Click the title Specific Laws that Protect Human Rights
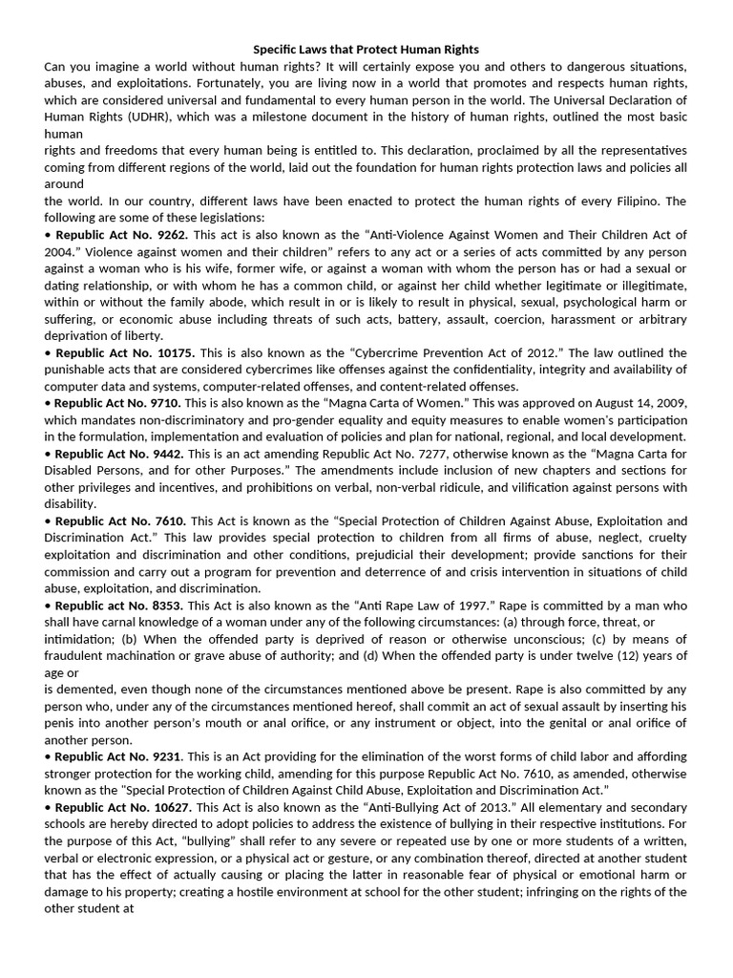(x=366, y=49)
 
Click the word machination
(x=140, y=656)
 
